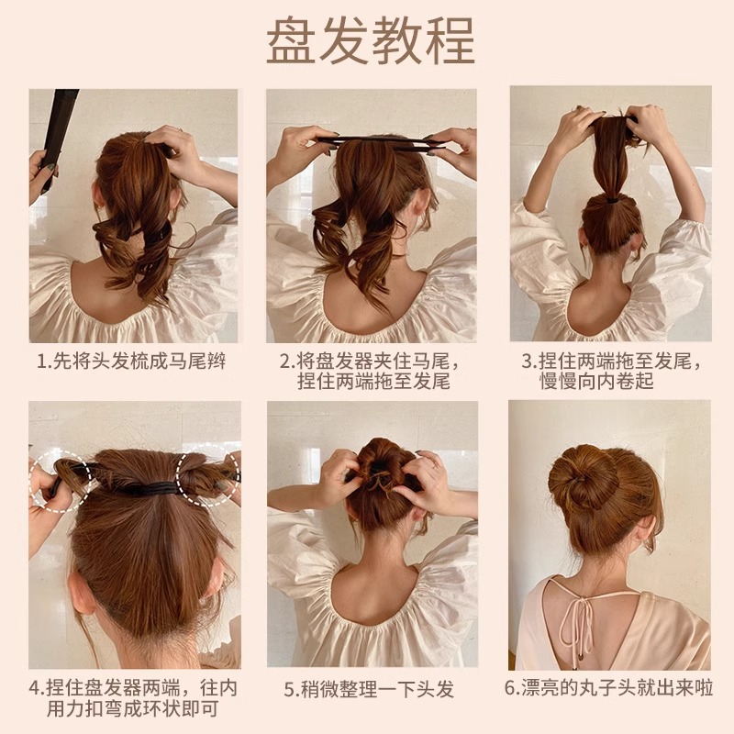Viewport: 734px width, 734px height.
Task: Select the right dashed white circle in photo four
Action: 206,477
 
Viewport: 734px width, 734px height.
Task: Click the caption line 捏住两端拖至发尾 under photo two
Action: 372,381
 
